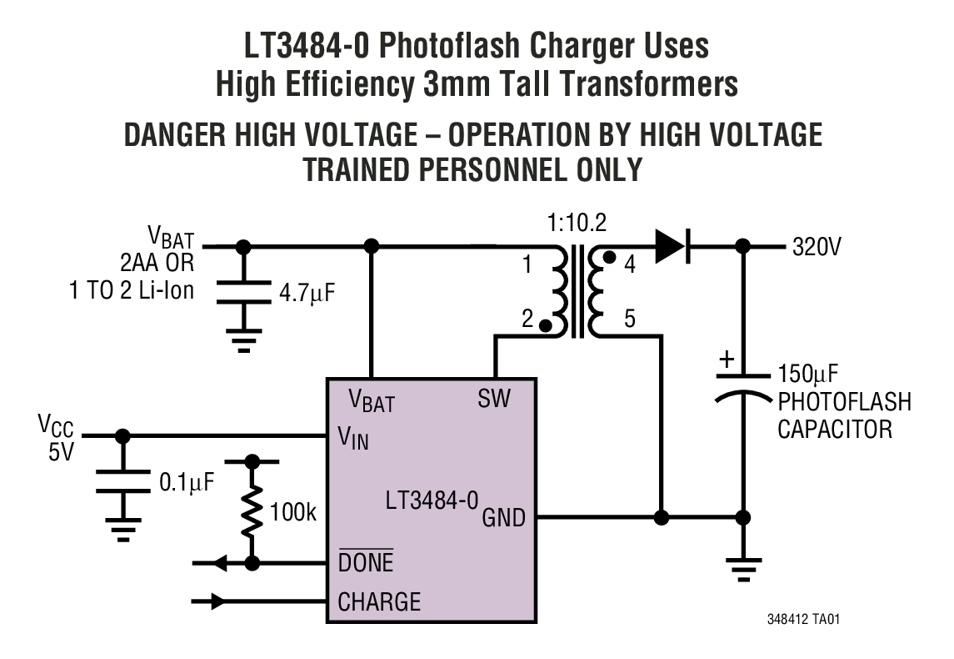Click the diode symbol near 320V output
671,247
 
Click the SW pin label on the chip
495,398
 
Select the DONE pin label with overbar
366,562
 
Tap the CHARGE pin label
379,601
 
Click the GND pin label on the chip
504,518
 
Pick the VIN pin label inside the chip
353,438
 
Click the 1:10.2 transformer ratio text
577,224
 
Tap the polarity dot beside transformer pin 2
545,326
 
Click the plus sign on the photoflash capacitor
727,360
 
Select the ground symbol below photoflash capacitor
743,569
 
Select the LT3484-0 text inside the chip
432,501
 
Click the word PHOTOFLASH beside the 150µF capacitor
844,401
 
